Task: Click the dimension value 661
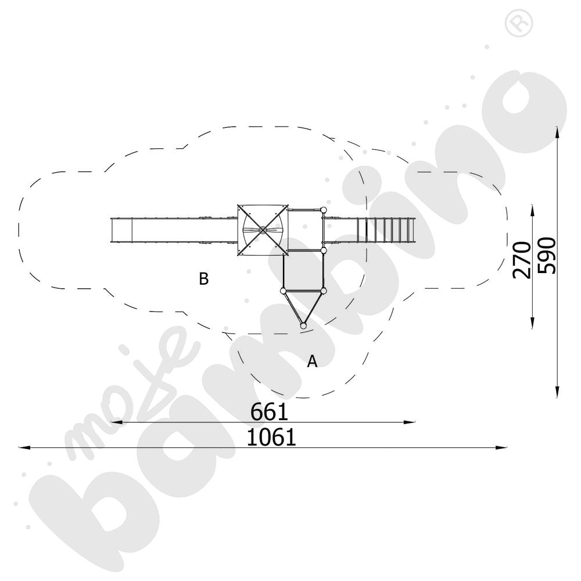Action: [x=270, y=412]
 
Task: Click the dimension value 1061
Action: [x=271, y=437]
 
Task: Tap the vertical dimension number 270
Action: [x=522, y=260]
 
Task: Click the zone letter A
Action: [x=313, y=361]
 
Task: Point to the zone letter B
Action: [x=204, y=279]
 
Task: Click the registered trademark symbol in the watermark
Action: [x=519, y=23]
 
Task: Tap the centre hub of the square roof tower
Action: [x=263, y=230]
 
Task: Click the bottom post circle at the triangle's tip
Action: [x=303, y=326]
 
